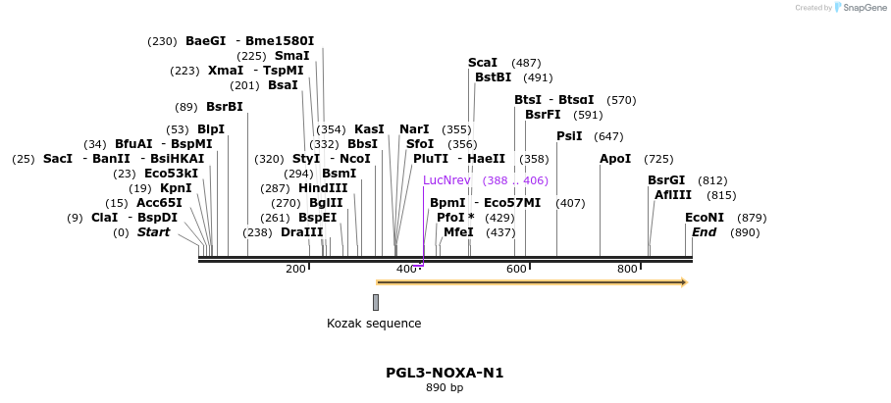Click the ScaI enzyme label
click(x=483, y=63)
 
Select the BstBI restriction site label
click(x=494, y=77)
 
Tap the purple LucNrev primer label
click(x=446, y=180)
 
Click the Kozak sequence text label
click(x=374, y=324)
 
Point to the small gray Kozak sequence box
click(x=376, y=302)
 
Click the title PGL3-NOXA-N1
click(x=445, y=373)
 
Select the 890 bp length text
click(x=445, y=388)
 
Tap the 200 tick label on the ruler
click(x=295, y=269)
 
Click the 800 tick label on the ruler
click(x=627, y=269)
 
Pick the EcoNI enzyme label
click(x=705, y=218)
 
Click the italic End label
click(x=704, y=232)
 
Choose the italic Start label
click(x=153, y=232)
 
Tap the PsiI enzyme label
click(x=569, y=136)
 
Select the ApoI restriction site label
click(x=615, y=159)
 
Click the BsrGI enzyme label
click(x=666, y=180)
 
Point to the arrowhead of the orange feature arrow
click(x=684, y=282)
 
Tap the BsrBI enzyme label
click(x=224, y=107)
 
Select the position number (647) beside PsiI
click(x=608, y=136)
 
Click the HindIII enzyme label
click(x=323, y=188)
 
